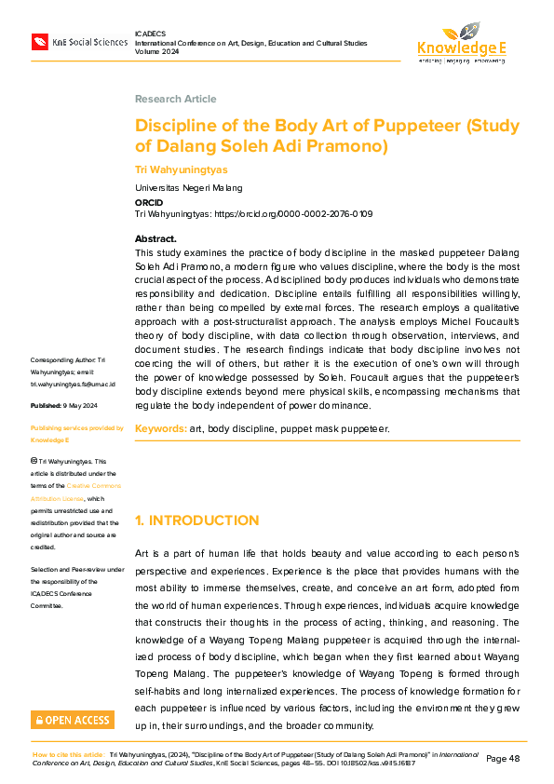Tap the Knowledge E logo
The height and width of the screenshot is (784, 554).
click(x=461, y=43)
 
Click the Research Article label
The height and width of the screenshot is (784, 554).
click(x=175, y=99)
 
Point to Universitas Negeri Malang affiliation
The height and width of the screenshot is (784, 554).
click(x=188, y=187)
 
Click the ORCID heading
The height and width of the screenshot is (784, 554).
click(x=149, y=201)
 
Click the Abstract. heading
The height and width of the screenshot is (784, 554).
click(x=155, y=239)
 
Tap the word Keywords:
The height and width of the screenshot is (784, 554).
click(x=160, y=428)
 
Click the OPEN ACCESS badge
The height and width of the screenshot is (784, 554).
click(x=73, y=720)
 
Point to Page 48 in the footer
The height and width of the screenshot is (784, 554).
click(x=504, y=759)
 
